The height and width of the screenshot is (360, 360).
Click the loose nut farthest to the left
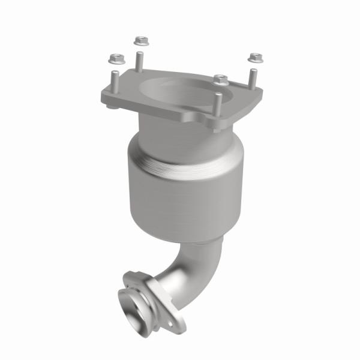114,59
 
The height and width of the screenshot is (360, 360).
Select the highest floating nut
139,41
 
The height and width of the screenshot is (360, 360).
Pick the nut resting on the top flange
221,79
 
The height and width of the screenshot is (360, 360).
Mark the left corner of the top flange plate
103,96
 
